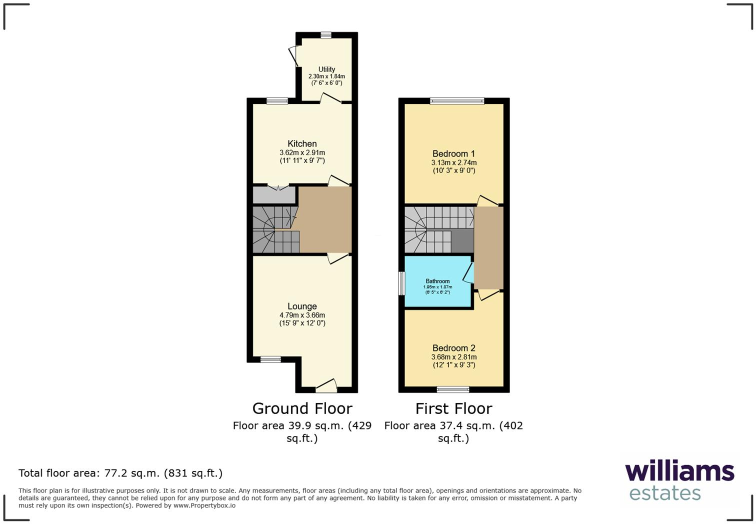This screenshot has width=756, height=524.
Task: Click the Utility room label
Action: (326, 69)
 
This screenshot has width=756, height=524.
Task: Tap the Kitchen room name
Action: (302, 144)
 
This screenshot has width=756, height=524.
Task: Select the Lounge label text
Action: (302, 306)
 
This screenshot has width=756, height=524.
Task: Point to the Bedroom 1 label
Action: (453, 154)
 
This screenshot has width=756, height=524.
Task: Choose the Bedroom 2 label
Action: (453, 348)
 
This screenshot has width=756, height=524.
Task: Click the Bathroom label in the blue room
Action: (437, 281)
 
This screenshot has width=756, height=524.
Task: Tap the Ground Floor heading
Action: (302, 408)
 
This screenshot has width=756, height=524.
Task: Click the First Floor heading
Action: (453, 408)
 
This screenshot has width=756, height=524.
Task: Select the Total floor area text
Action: (120, 473)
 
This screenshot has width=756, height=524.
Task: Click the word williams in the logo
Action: (679, 471)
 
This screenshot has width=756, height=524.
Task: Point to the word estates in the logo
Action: (665, 493)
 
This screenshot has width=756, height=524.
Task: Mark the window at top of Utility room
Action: (325, 35)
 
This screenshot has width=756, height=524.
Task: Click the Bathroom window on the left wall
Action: (401, 283)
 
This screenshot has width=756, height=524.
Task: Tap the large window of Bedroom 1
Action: (457, 101)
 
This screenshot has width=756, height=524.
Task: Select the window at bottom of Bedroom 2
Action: (452, 389)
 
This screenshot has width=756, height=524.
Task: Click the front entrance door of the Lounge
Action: (326, 386)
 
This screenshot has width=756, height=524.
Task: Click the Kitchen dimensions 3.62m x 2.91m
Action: (302, 153)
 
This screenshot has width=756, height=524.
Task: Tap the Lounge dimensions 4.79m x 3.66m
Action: (302, 315)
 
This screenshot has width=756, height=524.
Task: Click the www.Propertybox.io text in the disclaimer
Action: (204, 505)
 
